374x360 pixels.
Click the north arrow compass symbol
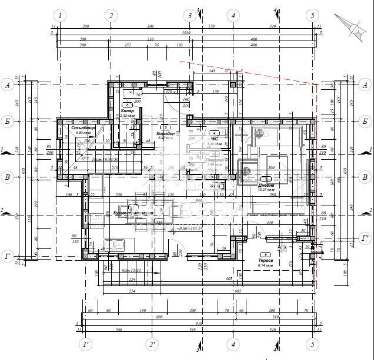pos(353,25)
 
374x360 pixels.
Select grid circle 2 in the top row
pos(110,15)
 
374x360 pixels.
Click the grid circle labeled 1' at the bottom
pos(86,344)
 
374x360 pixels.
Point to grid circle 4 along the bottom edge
pos(233,344)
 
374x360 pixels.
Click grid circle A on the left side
pos(9,85)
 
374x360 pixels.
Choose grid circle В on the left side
pos(9,176)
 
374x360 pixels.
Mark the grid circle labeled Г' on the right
pos(365,238)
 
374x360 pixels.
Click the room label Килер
pos(128,110)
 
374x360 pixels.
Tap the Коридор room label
pos(168,133)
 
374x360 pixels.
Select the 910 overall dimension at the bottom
pos(199,323)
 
